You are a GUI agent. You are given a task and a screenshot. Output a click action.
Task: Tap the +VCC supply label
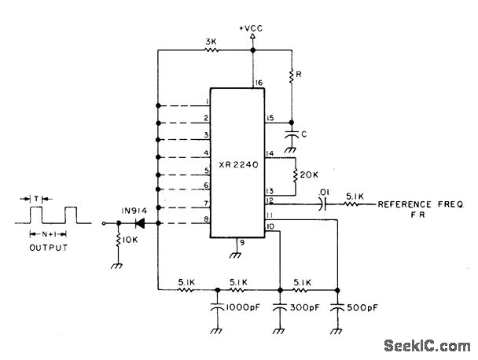(x=252, y=29)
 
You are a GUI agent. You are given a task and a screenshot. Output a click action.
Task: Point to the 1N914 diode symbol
(x=142, y=223)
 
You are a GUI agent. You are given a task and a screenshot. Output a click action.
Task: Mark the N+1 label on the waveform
(x=50, y=233)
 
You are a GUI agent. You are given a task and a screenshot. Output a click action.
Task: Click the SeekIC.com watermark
(x=430, y=344)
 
